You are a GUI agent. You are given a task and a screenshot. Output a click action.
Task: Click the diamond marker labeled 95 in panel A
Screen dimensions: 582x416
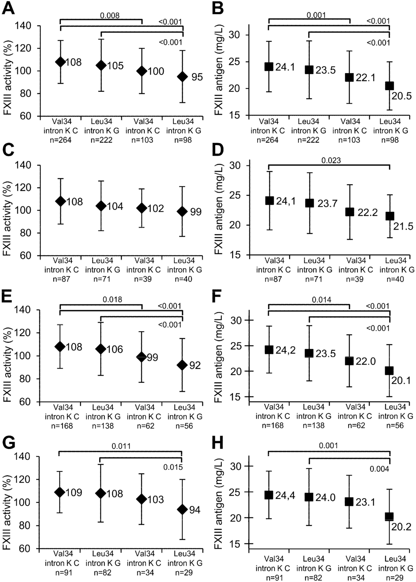coord(182,76)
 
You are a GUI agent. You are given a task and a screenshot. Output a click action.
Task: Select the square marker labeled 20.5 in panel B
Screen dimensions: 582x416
coord(390,85)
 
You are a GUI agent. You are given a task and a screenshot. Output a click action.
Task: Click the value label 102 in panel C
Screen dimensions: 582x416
coord(156,208)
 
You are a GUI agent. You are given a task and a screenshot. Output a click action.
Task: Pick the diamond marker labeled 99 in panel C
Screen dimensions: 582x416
coord(182,211)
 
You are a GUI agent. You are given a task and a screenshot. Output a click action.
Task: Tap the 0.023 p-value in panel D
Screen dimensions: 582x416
coord(331,161)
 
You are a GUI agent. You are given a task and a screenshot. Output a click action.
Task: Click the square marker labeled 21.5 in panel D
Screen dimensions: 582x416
coord(390,216)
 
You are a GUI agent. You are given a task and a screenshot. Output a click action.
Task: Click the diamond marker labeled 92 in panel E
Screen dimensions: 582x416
coord(182,365)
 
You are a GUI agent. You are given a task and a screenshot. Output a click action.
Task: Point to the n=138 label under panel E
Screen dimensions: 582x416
coord(101,426)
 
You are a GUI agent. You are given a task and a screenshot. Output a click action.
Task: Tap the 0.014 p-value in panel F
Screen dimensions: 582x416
coord(321,300)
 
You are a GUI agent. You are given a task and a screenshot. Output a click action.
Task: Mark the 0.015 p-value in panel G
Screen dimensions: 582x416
coord(174,467)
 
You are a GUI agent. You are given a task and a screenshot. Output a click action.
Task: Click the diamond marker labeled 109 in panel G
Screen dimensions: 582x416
coord(60,492)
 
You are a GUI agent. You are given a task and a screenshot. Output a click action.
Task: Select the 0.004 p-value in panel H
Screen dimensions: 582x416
coord(380,469)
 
